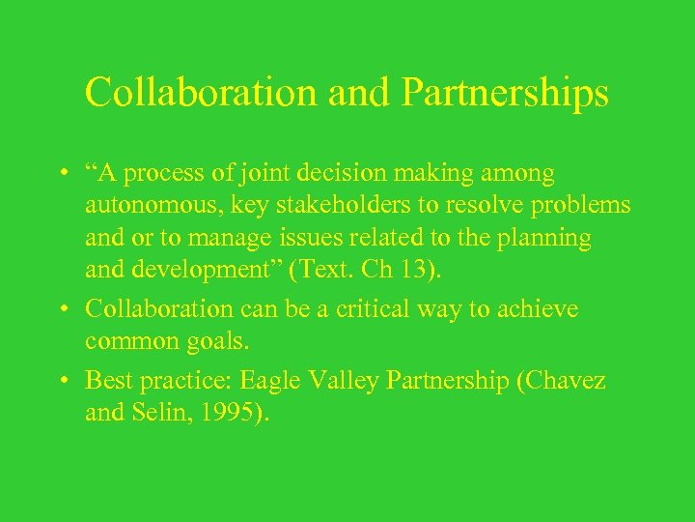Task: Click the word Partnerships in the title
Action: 504,94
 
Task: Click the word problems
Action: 577,205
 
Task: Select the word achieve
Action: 538,309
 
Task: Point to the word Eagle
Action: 300,381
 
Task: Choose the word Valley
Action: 370,381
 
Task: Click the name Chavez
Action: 570,381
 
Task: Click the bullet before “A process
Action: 61,174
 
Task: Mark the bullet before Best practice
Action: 61,381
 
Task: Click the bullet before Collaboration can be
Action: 61,309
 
